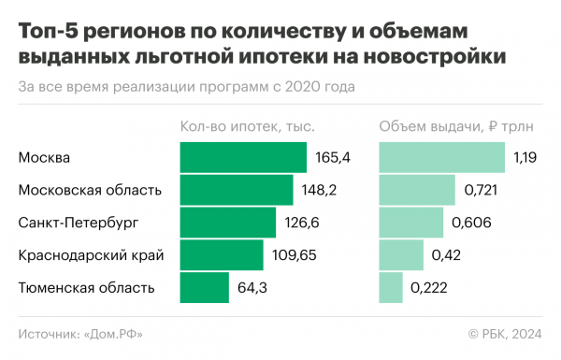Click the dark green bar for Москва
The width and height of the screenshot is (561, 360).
(243, 158)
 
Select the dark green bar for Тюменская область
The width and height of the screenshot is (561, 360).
(204, 287)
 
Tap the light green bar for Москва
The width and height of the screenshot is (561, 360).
(441, 158)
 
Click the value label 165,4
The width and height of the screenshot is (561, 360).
(332, 158)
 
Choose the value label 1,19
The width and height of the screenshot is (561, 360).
(525, 158)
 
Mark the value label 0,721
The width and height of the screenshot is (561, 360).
(482, 191)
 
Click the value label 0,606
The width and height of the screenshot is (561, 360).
(469, 223)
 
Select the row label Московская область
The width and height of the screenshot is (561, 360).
(90, 191)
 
